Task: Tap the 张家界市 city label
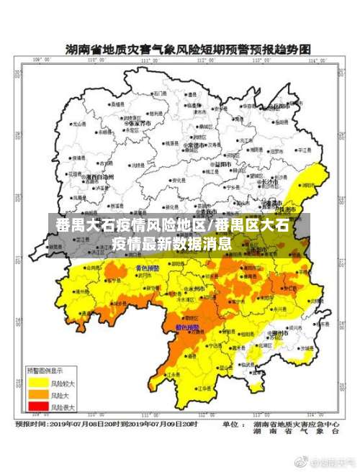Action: (x=140, y=124)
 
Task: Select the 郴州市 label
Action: (x=279, y=334)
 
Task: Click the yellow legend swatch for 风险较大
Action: (x=38, y=381)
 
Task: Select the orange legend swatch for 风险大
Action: (x=38, y=395)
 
